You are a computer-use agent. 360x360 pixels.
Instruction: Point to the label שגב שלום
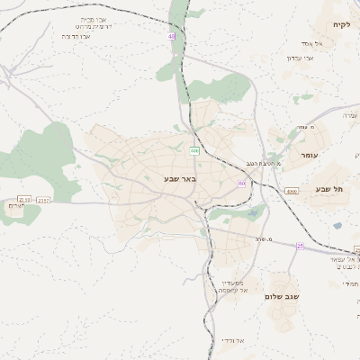coord(282,295)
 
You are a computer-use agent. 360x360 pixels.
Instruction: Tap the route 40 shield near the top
coord(170,36)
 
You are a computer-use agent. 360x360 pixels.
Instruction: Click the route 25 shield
coord(301,244)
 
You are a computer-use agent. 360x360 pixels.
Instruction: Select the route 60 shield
coord(242,184)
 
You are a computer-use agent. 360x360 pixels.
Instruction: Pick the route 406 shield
coord(194,149)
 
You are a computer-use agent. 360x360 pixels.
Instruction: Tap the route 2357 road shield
coord(44,200)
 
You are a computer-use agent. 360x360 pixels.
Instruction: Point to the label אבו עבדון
coord(300,58)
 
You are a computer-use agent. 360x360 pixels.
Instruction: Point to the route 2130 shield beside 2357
coord(24,200)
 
